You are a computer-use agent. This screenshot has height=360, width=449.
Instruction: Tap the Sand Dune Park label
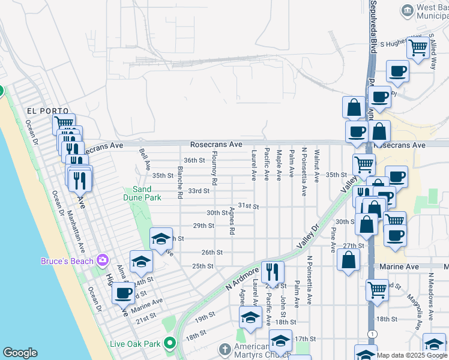[146, 193]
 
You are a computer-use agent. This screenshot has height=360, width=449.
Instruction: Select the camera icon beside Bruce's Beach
[103, 260]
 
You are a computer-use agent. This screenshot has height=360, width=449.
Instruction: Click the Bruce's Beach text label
[67, 261]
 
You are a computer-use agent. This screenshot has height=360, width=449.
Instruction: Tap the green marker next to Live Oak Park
[170, 343]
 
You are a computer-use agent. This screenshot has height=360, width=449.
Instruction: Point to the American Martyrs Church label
[252, 350]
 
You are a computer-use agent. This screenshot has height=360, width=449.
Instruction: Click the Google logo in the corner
[20, 353]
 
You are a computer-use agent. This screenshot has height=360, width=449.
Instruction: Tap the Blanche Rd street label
[179, 182]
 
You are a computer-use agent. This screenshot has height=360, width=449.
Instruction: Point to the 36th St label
[194, 160]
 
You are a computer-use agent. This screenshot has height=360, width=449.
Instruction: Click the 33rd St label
[198, 191]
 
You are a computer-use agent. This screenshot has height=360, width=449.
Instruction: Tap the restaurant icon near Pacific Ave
[273, 272]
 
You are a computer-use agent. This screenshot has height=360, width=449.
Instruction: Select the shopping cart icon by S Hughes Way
[418, 47]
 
